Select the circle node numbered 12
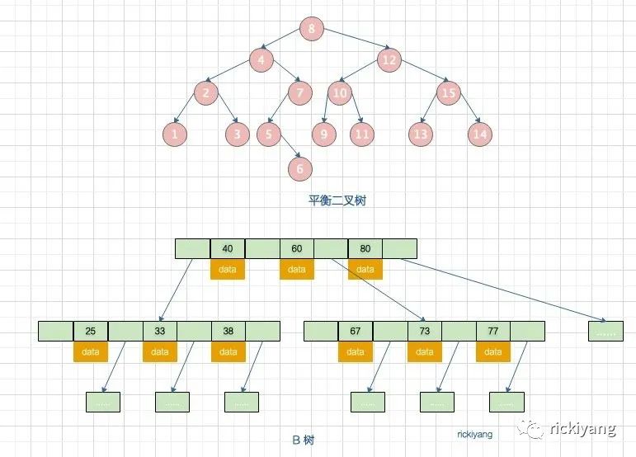coord(390,60)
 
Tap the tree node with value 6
coord(299,168)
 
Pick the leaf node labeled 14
coord(480,134)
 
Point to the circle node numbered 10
coord(340,92)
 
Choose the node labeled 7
coord(299,92)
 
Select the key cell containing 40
coord(228,248)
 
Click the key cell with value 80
coord(365,248)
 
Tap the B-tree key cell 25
coord(91,332)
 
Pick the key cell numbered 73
coord(424,332)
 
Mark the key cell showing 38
coord(228,332)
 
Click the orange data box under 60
coord(297,269)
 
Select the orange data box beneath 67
coord(356,352)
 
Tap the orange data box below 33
coord(159,352)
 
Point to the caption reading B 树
coord(303,440)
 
